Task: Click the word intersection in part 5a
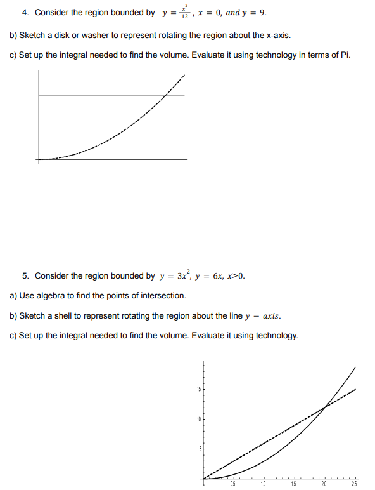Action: tap(165, 296)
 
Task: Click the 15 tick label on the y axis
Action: tap(197, 389)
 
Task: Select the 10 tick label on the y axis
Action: tap(197, 418)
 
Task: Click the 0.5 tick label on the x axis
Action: tap(234, 484)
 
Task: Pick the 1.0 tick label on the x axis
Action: tap(264, 484)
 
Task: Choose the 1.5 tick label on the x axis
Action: tap(294, 484)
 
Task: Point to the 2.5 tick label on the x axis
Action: tap(354, 484)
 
